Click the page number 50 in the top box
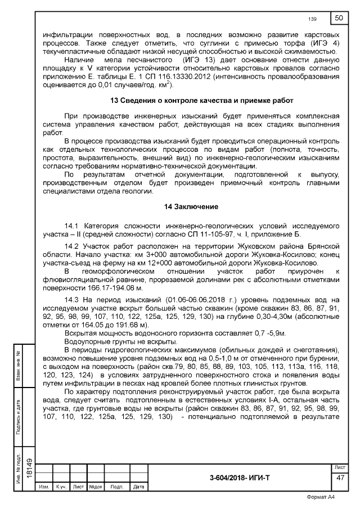[339, 18]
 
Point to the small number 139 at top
[313, 20]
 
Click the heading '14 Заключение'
[187, 207]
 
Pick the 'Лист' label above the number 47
[340, 468]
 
